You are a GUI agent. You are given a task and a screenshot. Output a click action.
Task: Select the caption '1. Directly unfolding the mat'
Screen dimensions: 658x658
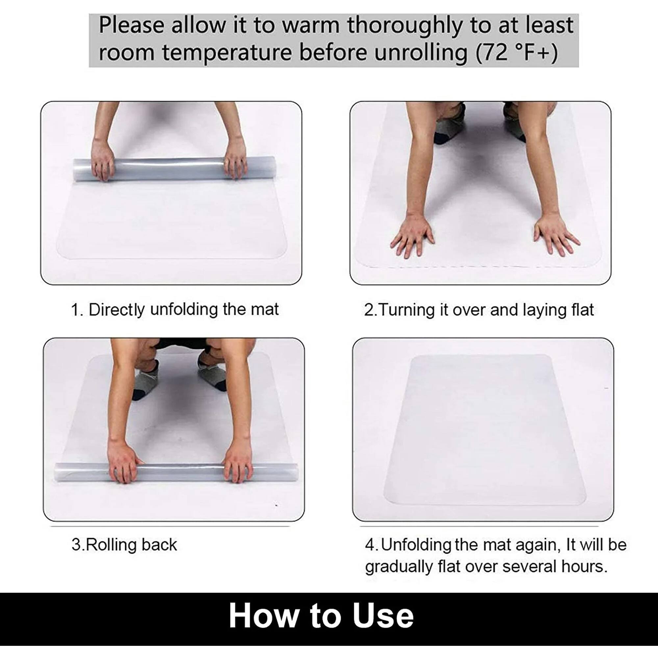175,310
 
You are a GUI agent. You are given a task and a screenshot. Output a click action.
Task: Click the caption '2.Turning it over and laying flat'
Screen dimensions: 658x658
479,310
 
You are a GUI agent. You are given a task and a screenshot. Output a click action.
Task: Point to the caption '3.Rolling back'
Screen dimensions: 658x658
124,544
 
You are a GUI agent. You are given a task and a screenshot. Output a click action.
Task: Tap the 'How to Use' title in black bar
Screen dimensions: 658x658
321,615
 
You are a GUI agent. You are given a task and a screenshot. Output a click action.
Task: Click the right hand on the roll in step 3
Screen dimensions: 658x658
239,463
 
